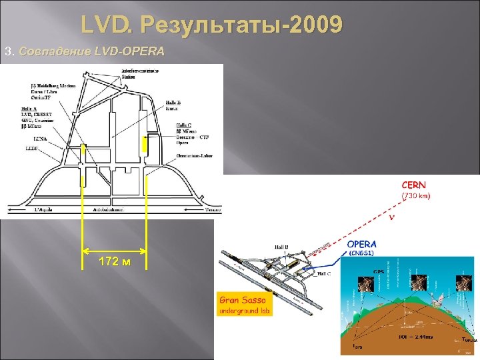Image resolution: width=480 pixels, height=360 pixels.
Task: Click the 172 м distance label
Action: click(115, 260)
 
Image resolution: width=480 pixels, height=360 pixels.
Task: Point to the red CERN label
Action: click(413, 185)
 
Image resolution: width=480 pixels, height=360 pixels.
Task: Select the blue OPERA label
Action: click(362, 244)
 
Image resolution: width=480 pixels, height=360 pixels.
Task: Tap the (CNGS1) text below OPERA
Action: click(362, 253)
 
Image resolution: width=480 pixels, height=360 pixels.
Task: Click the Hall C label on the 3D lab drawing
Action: click(324, 273)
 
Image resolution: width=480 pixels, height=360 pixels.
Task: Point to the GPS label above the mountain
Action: click(379, 272)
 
